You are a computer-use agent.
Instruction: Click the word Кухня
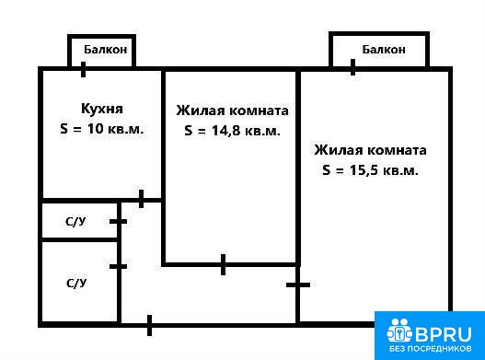tap(102, 109)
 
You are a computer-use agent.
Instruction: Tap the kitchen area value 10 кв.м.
tap(115, 129)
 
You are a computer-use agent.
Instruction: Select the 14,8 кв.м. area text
tap(246, 131)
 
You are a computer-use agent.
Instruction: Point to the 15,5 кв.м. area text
tap(384, 170)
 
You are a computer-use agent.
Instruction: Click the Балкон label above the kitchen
tap(106, 50)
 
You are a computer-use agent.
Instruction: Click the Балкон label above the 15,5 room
tap(384, 50)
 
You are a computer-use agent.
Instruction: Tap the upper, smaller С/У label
tap(75, 222)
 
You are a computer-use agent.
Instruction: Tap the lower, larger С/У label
tap(76, 284)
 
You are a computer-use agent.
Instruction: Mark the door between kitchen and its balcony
tap(83, 69)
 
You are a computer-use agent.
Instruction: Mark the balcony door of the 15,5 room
tap(352, 67)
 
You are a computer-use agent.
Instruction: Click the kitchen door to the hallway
tap(142, 199)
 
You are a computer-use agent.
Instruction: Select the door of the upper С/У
tap(118, 221)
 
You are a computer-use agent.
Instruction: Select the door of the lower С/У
tap(118, 266)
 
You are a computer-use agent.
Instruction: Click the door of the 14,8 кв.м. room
tap(224, 264)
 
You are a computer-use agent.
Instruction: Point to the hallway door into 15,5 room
tap(298, 285)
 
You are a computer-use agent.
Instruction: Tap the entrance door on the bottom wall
tap(150, 325)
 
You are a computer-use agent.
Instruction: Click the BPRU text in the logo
tap(444, 334)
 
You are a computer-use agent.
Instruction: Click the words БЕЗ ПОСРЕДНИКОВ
tap(431, 349)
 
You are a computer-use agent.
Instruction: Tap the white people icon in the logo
tap(399, 331)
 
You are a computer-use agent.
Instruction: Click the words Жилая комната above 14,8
tap(232, 110)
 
